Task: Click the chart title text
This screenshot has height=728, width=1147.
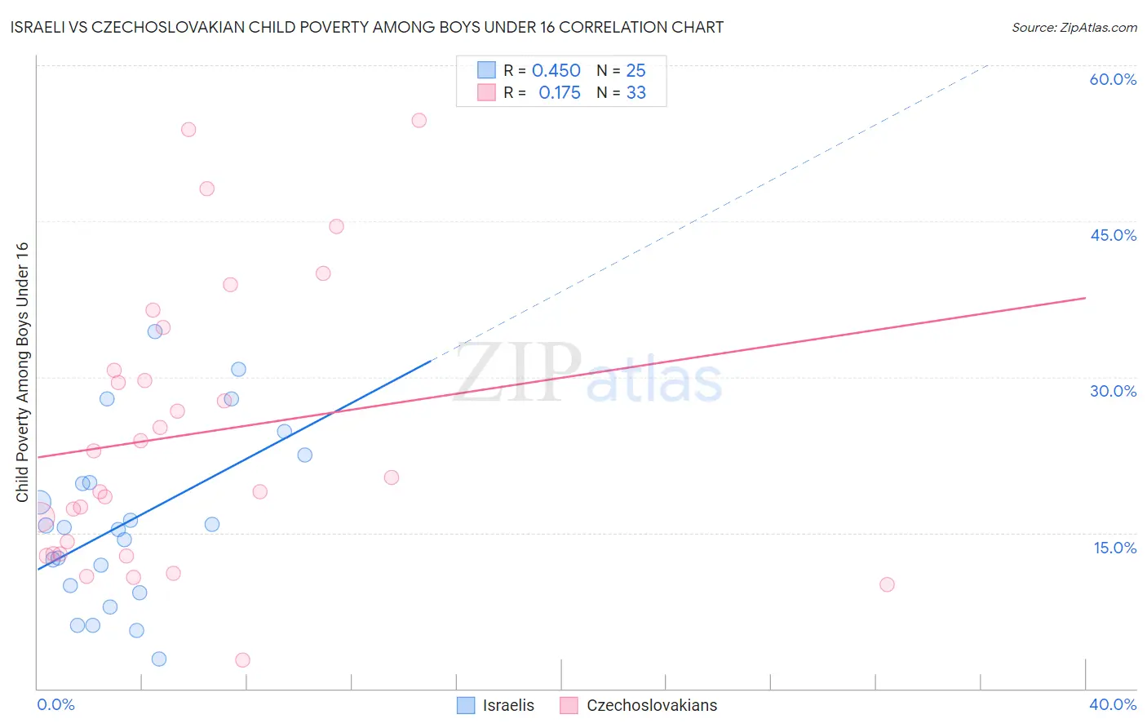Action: pos(366,27)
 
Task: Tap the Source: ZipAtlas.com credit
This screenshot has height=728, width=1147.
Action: pos(1074,27)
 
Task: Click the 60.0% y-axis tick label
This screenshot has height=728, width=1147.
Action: pos(1112,79)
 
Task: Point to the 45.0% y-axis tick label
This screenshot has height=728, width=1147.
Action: pos(1113,235)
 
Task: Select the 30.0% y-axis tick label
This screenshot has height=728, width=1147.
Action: pos(1113,391)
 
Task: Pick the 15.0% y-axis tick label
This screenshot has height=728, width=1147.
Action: pos(1114,548)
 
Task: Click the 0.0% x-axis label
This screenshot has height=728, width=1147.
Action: pos(55,704)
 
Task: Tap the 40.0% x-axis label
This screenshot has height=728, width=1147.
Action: pos(1113,704)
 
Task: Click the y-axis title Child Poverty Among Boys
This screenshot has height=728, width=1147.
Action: pos(22,372)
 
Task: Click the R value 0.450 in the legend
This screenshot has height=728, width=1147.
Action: pos(556,71)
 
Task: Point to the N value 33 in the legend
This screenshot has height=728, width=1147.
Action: pos(635,93)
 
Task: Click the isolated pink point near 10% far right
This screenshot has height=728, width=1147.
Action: pos(887,584)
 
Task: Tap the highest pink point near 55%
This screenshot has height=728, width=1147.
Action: pos(418,120)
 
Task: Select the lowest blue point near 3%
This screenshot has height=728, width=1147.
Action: pos(159,659)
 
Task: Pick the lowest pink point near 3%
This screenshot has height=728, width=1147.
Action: pos(242,659)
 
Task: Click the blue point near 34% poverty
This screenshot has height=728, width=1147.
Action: pos(154,331)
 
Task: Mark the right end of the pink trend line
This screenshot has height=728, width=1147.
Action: pos(1085,298)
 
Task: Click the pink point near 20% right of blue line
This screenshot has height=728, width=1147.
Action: pos(392,477)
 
